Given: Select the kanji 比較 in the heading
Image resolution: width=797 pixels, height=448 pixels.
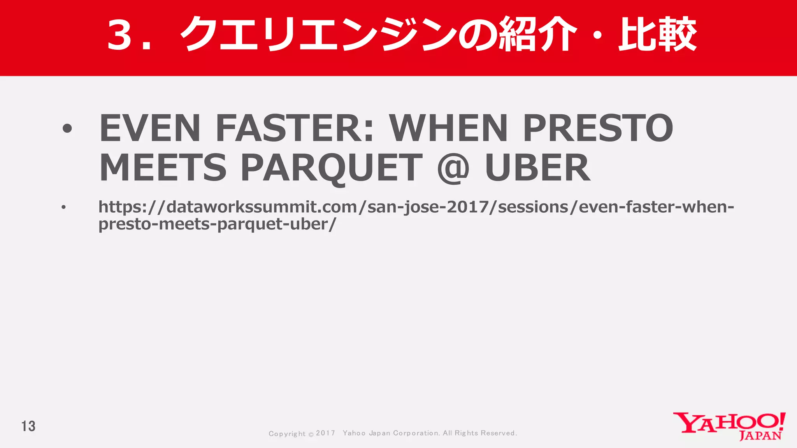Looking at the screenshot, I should pos(657,34).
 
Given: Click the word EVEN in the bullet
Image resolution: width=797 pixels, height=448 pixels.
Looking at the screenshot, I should pos(150,128).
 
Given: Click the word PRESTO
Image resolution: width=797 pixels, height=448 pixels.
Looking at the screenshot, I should pos(598,128).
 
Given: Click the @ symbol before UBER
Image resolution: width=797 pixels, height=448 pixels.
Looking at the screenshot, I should pos(453,168).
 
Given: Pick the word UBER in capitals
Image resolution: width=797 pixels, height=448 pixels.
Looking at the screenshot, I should pos(537,168).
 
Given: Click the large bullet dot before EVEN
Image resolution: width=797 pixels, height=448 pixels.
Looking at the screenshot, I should pos(67,128).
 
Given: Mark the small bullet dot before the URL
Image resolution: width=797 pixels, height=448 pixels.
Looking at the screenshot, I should pos(63,207).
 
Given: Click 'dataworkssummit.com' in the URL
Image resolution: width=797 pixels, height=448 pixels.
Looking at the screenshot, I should pos(262,207).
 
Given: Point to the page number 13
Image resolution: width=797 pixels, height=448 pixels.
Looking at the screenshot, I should pos(28,426).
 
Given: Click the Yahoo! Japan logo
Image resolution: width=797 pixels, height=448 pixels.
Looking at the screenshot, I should pos(729,426).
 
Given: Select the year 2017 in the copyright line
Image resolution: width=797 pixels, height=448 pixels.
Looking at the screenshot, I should pos(325,433).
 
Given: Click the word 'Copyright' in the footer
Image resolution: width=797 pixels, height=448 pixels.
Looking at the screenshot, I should pos(287,434).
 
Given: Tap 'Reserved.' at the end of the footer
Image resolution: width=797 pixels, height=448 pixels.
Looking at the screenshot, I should pos(499,433).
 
